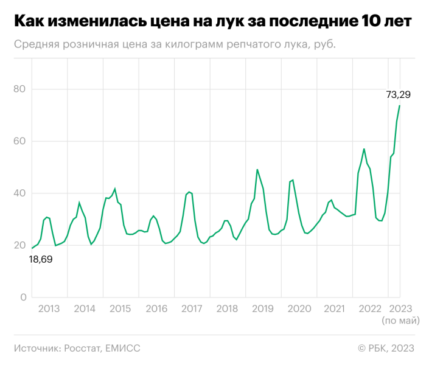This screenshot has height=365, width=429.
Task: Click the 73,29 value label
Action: [399, 94]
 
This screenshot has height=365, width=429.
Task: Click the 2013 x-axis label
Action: [49, 309]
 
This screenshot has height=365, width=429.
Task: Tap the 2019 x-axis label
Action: [263, 309]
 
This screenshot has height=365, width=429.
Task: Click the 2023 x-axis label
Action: [400, 309]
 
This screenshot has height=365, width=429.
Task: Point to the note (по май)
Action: [400, 320]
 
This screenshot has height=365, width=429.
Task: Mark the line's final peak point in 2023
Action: [400, 106]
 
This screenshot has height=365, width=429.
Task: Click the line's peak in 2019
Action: [257, 170]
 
